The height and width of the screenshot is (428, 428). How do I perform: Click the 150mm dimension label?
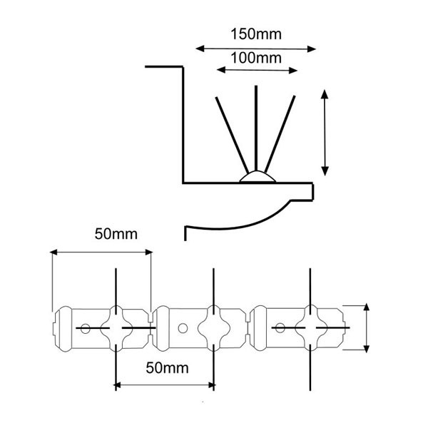256,34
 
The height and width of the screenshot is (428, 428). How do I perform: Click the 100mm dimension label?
256,58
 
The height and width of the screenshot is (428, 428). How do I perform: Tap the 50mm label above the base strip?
116,234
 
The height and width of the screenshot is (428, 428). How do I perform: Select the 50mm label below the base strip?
167,367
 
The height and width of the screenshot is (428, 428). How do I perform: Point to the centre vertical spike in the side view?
256,128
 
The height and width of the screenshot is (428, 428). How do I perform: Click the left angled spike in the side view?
232,135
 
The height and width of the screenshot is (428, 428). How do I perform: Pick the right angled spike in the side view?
280,134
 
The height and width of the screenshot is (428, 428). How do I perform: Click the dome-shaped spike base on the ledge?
258,176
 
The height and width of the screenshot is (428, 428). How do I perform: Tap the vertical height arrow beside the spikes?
325,133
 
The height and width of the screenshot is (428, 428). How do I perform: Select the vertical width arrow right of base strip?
367,327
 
